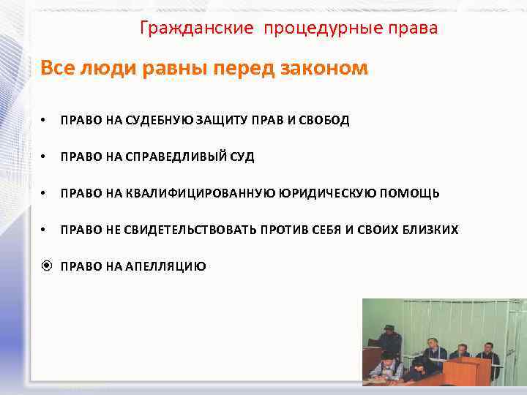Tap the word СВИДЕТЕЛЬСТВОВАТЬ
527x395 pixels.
[190, 230]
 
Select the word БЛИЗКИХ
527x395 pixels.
[430, 230]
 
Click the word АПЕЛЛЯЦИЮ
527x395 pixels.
[168, 266]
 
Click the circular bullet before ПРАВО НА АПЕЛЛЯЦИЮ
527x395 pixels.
[45, 266]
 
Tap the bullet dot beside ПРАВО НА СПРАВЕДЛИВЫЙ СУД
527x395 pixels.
[45, 157]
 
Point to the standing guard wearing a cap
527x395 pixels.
[390, 341]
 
